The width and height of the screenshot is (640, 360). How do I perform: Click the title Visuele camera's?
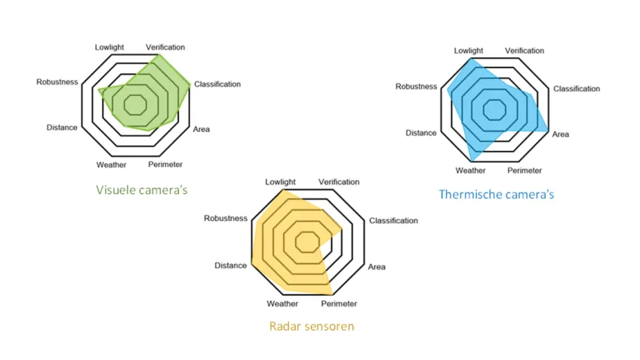[141, 190]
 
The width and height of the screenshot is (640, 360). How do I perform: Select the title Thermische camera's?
[496, 195]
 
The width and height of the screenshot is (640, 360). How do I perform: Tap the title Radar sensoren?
[311, 327]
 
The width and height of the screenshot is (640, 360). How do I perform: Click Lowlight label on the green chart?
[109, 47]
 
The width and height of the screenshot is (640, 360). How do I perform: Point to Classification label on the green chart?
[217, 85]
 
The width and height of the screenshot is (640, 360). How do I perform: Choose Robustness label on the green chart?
[57, 82]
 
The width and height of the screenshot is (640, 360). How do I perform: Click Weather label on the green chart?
[111, 165]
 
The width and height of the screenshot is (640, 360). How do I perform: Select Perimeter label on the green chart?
[165, 165]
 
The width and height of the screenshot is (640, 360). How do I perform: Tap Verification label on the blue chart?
[524, 51]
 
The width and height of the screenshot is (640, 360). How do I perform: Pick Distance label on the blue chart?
[420, 133]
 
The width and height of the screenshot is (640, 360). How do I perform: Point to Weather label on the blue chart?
[470, 170]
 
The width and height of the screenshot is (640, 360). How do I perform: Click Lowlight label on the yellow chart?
[280, 182]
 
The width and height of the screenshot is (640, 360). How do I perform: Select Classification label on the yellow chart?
[392, 220]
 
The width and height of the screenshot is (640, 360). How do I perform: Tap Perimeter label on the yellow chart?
[339, 304]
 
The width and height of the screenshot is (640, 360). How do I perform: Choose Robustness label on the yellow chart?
[225, 218]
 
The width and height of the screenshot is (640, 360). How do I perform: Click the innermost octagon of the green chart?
[136, 103]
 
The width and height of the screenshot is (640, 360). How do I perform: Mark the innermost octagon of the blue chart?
[495, 108]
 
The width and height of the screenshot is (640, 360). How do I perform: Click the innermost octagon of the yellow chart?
[306, 242]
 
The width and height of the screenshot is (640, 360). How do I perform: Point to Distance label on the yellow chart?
[230, 266]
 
